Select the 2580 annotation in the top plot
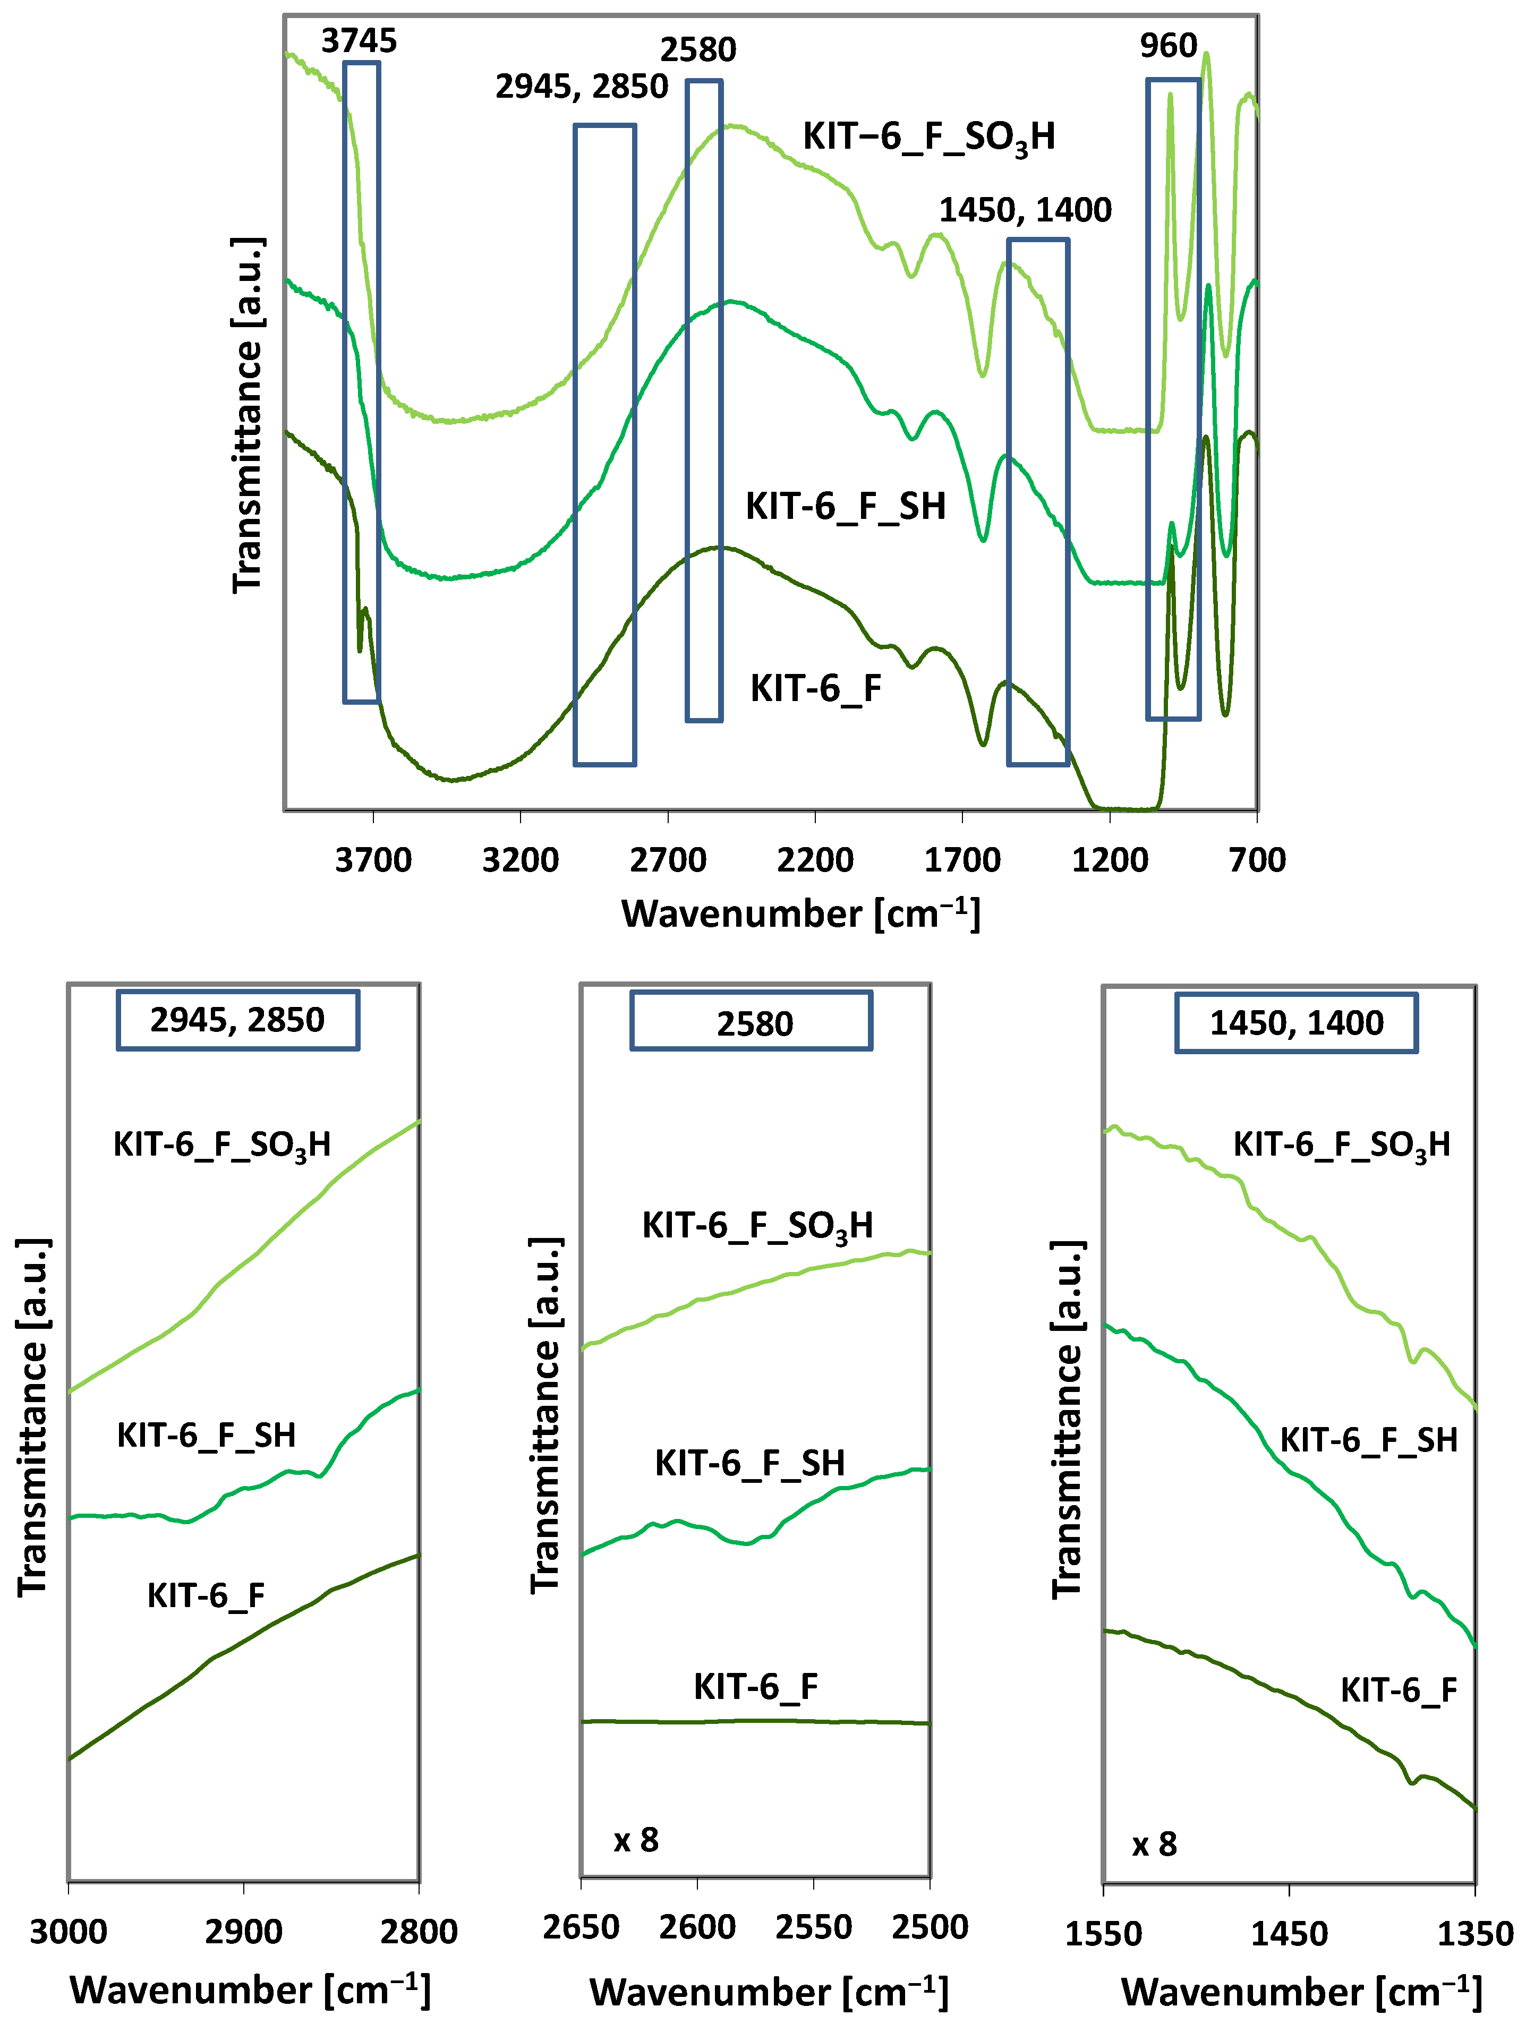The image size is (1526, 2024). tap(698, 49)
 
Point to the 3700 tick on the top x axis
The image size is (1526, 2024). tap(373, 860)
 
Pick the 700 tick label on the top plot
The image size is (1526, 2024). tap(1257, 860)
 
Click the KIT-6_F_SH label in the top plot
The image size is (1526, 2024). tap(846, 506)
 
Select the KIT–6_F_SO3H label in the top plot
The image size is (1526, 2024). tap(928, 137)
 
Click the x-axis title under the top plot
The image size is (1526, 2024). tap(800, 914)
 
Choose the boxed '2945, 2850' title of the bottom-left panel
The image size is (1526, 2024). tap(237, 1019)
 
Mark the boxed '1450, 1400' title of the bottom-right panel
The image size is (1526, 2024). tap(1297, 1022)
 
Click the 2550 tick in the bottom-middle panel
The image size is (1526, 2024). tap(813, 1927)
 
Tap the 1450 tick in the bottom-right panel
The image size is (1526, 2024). tap(1289, 1933)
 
